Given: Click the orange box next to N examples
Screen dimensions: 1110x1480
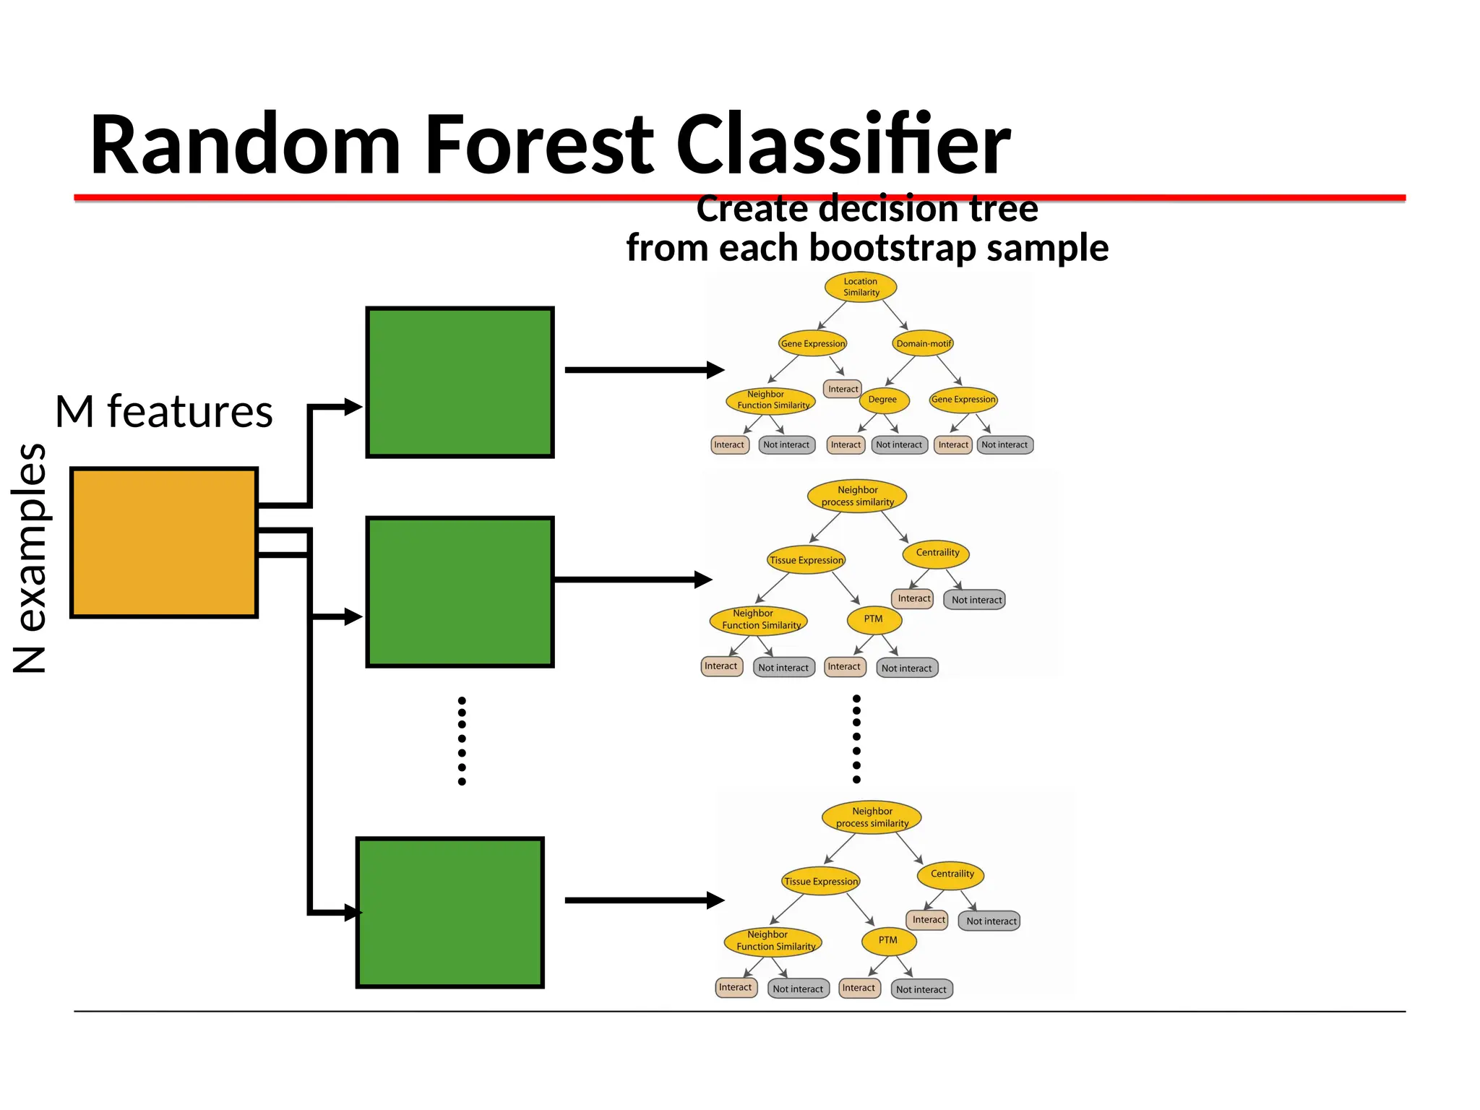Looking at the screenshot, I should [x=164, y=543].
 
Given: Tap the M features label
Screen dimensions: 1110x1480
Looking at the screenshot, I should [x=164, y=412].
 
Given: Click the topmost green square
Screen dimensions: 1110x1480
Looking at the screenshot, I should [x=460, y=382].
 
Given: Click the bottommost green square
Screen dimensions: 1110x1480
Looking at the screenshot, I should [x=449, y=913].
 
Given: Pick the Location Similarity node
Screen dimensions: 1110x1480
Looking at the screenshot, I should [x=861, y=287].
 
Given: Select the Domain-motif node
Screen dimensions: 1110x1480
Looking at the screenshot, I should [x=924, y=343].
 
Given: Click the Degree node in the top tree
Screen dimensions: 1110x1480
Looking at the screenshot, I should [x=882, y=400].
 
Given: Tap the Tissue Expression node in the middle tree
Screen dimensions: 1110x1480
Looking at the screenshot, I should [x=806, y=560].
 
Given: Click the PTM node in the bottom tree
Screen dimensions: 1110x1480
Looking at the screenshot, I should [x=888, y=940].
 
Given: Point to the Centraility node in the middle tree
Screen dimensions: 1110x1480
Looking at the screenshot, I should [x=937, y=553].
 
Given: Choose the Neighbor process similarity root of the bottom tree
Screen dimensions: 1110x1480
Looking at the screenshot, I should [x=872, y=817].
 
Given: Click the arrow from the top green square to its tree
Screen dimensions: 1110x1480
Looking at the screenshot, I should [x=643, y=370].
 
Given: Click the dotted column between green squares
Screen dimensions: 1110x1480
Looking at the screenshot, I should [x=462, y=741].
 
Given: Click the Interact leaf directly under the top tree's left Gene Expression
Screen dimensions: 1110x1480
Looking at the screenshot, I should [x=843, y=389].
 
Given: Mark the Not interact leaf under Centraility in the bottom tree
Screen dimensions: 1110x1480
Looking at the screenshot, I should [x=991, y=921].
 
